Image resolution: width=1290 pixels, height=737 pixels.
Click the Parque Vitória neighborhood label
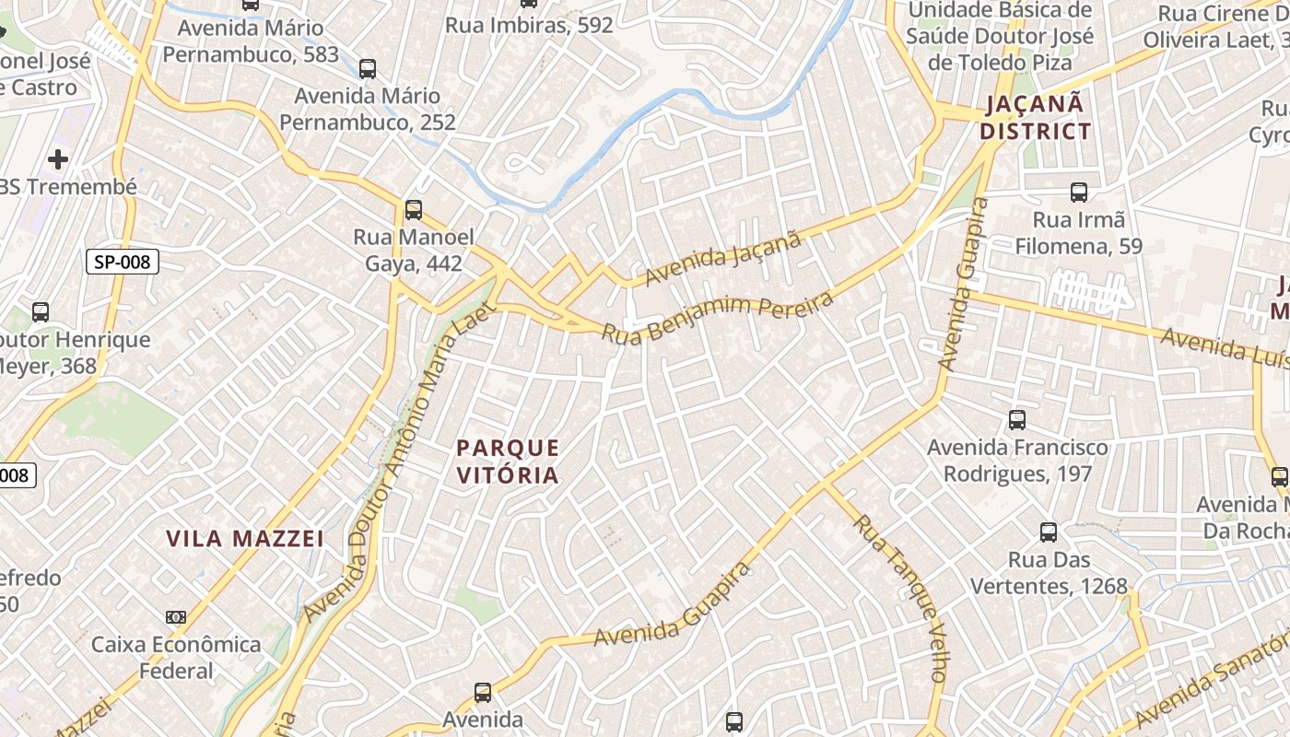(x=508, y=462)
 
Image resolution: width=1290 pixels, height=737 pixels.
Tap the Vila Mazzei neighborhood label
(x=245, y=538)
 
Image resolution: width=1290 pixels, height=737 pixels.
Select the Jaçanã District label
(x=1035, y=117)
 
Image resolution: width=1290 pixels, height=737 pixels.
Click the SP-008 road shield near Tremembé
(x=123, y=263)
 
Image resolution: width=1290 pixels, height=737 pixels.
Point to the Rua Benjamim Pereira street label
(x=717, y=317)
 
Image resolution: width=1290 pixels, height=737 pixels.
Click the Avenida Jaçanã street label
(x=723, y=260)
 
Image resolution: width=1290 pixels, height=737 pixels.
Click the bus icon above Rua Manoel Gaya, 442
(x=414, y=210)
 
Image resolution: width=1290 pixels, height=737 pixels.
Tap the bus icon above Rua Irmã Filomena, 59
(x=1079, y=193)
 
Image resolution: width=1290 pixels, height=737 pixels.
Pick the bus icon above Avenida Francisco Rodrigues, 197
(x=1017, y=420)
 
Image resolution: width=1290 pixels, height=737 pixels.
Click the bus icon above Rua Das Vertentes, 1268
(x=1049, y=532)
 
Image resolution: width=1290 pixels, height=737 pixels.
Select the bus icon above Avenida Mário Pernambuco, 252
(x=368, y=68)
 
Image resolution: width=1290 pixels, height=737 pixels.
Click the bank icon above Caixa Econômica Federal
(x=176, y=616)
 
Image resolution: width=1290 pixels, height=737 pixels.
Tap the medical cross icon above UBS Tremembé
(x=58, y=159)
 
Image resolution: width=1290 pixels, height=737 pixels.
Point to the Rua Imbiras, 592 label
(x=529, y=25)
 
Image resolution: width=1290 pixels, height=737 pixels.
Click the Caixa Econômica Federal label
(x=176, y=657)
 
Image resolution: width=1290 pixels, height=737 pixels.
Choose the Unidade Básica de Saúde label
(x=1000, y=36)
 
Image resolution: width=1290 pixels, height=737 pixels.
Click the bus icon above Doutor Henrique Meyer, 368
(x=41, y=311)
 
